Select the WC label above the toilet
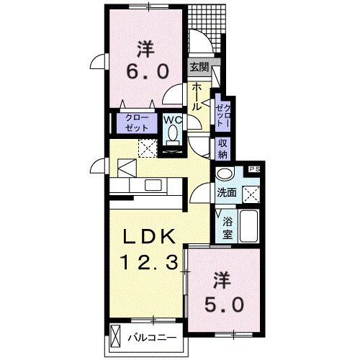click(x=171, y=120)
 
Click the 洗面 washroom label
click(x=227, y=193)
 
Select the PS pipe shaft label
click(x=253, y=169)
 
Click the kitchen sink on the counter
click(x=154, y=185)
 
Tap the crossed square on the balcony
click(x=118, y=337)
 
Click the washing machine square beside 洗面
click(x=251, y=194)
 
